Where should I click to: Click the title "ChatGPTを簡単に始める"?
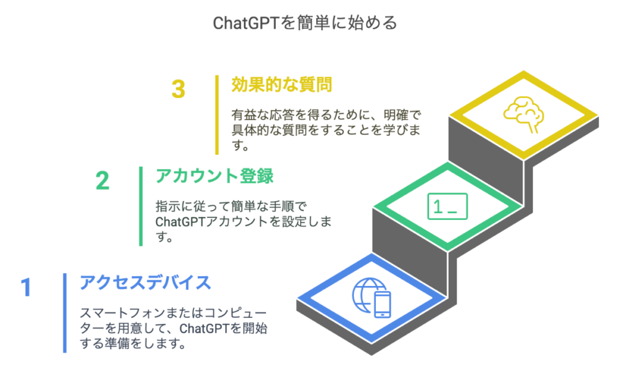[x=305, y=23]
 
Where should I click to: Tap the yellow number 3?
[x=179, y=89]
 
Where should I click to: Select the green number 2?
[x=102, y=181]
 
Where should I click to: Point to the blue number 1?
[x=26, y=287]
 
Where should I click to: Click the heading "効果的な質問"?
[x=282, y=84]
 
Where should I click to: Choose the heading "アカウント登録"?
[x=215, y=176]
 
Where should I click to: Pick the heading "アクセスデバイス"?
[x=145, y=283]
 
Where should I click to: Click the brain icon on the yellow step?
[x=523, y=114]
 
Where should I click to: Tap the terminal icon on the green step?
[x=447, y=206]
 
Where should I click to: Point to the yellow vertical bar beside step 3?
[x=217, y=115]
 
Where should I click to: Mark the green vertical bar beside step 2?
[x=141, y=206]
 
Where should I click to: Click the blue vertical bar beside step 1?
[x=65, y=313]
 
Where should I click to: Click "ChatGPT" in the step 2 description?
[x=180, y=222]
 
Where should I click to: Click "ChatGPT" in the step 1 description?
[x=204, y=328]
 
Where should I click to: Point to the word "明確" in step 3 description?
[x=396, y=115]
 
